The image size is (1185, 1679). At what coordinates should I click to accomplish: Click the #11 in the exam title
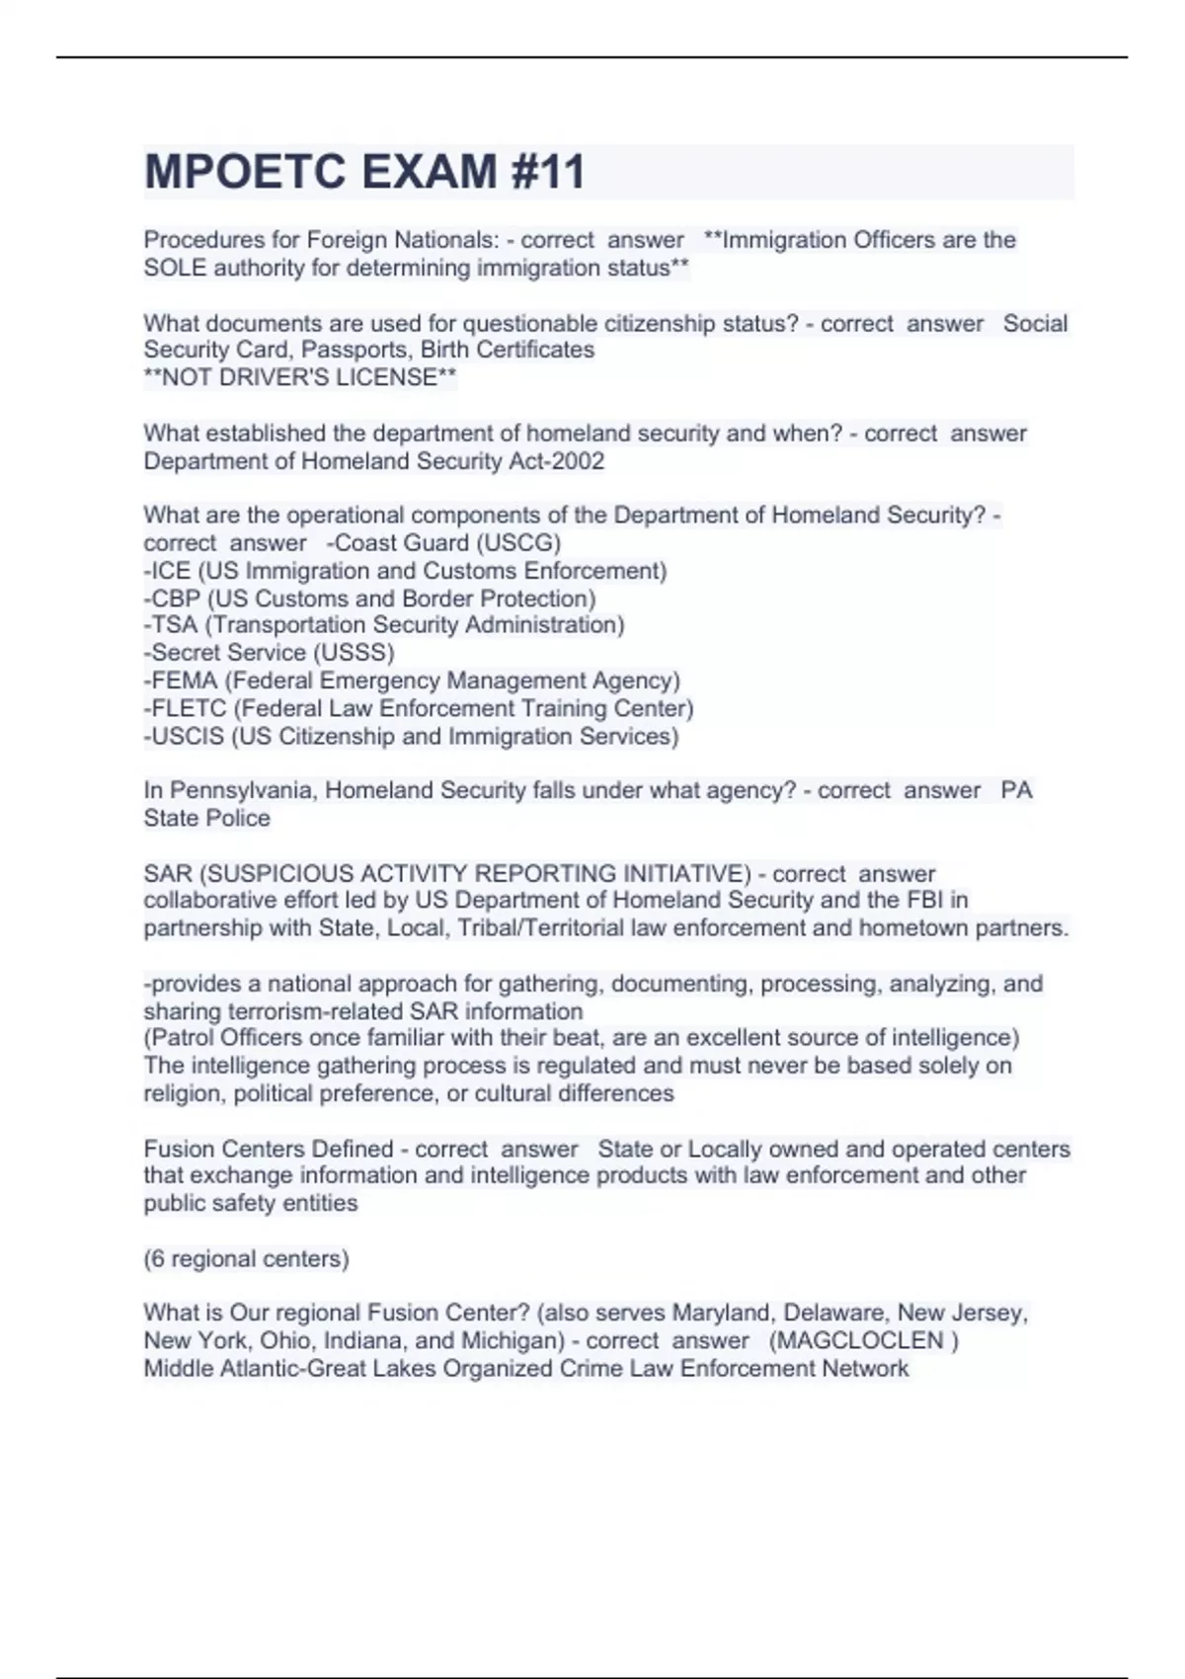coord(548,172)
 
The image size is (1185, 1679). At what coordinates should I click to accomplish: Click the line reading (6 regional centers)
coord(246,1259)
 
